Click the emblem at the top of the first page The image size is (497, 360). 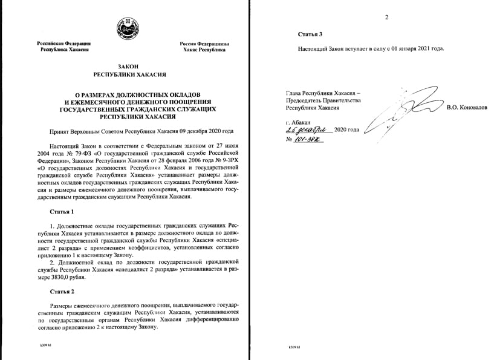[127, 27]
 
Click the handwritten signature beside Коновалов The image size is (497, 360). [393, 109]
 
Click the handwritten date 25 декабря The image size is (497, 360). [309, 129]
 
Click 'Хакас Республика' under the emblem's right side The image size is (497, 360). [204, 50]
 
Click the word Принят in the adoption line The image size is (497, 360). [59, 130]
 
